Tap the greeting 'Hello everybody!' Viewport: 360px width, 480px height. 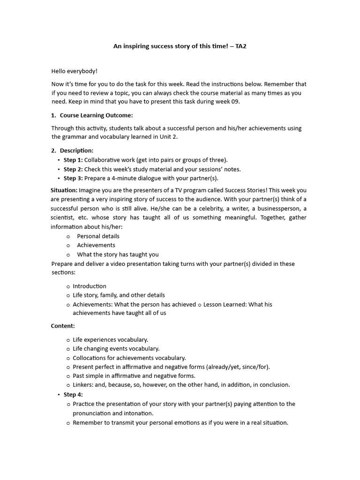pyautogui.click(x=74, y=71)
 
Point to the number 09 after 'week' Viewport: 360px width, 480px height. pyautogui.click(x=235, y=102)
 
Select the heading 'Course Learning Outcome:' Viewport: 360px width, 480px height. pyautogui.click(x=96, y=115)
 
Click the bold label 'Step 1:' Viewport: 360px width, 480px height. pyautogui.click(x=73, y=160)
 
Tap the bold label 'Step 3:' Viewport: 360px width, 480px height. pyautogui.click(x=73, y=178)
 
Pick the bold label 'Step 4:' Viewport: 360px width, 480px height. pyautogui.click(x=73, y=394)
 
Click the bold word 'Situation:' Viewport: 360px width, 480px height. pyautogui.click(x=64, y=190)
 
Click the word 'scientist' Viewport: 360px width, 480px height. pyautogui.click(x=63, y=217)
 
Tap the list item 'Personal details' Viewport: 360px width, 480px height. pyautogui.click(x=98, y=236)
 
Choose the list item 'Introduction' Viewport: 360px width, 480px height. pyautogui.click(x=90, y=286)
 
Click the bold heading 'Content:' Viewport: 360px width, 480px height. pyautogui.click(x=63, y=326)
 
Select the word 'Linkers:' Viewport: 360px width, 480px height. pyautogui.click(x=84, y=385)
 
